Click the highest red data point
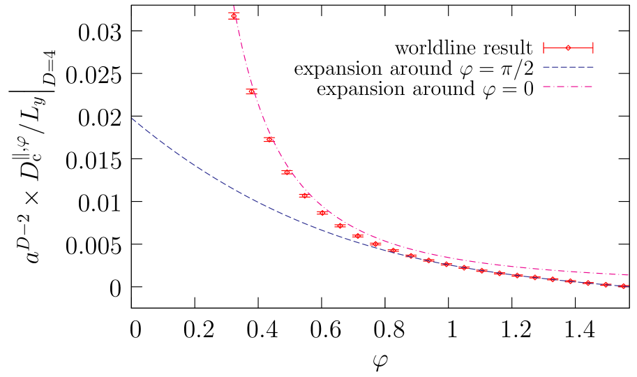pos(234,15)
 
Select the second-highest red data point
pos(251,91)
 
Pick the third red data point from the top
pos(269,139)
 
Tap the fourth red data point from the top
pos(287,172)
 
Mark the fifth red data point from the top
pos(305,195)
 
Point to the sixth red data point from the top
pos(322,213)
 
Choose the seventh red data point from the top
pos(340,226)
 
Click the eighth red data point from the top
pos(358,236)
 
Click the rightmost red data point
pos(623,286)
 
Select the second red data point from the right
pos(606,284)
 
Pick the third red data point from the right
pos(588,283)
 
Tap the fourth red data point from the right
pos(571,281)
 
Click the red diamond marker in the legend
pos(568,47)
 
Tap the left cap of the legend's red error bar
pos(544,47)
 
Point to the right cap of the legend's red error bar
pos(593,47)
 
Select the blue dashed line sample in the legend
pos(568,67)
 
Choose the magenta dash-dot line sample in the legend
pos(568,87)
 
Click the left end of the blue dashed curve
pos(132,118)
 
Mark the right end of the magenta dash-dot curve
pos(629,275)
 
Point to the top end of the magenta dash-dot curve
pos(232,6)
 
